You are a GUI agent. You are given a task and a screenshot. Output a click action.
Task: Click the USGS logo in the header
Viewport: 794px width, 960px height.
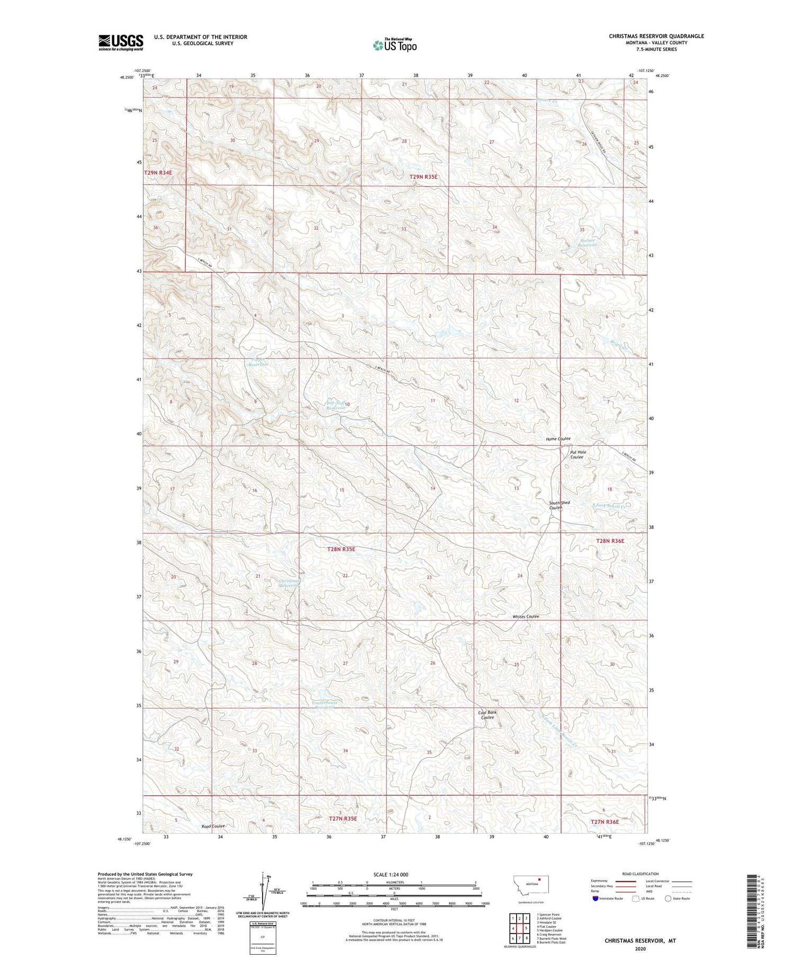click(121, 42)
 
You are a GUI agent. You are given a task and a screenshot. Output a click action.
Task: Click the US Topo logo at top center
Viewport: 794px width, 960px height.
click(395, 45)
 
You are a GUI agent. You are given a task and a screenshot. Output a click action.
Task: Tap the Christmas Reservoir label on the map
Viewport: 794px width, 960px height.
click(290, 583)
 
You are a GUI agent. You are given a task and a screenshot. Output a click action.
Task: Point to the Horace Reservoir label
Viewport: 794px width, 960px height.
click(588, 243)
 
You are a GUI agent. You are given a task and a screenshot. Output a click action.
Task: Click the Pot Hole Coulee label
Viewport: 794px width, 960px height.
click(578, 454)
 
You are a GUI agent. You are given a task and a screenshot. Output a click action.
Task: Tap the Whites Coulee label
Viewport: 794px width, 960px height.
click(526, 616)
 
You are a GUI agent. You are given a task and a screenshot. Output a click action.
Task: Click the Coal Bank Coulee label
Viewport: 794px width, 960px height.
click(488, 715)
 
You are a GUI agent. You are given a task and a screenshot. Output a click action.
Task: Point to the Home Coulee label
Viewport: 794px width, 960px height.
click(558, 439)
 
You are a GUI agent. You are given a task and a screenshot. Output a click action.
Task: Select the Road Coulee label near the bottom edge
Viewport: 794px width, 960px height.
click(213, 841)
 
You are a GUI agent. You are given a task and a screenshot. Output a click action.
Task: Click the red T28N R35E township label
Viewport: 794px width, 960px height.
click(341, 550)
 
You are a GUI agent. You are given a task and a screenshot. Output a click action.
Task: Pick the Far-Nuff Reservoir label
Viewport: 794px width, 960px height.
click(336, 406)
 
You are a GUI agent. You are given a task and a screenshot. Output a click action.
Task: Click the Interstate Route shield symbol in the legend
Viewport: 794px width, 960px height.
click(596, 899)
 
